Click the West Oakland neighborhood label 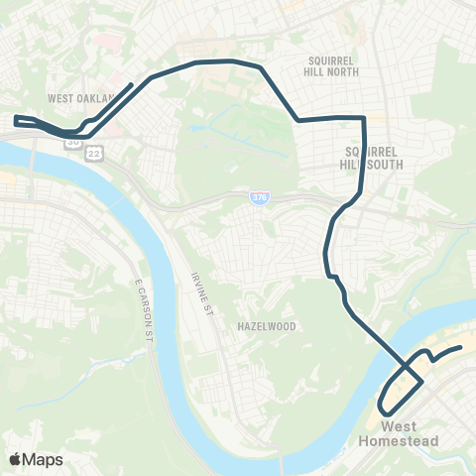point(80,98)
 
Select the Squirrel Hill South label point(373,158)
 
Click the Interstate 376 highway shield point(256,199)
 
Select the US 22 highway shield point(94,152)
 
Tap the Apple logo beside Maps point(16,459)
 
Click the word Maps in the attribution point(44,459)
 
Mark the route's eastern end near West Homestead point(461,347)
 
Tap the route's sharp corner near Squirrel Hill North point(365,118)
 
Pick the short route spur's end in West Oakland point(134,83)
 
